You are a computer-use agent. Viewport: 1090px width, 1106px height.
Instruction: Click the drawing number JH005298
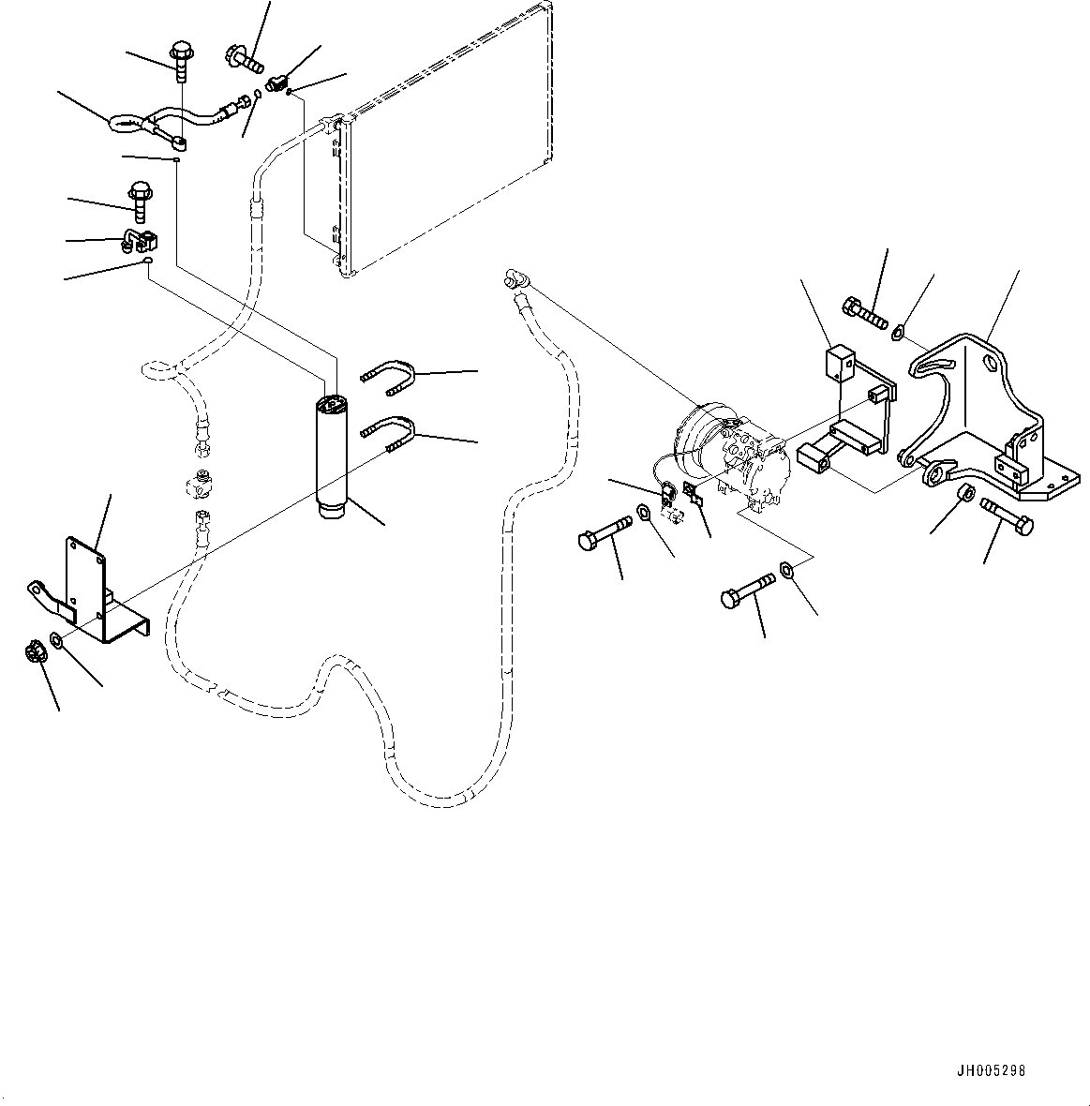991,1071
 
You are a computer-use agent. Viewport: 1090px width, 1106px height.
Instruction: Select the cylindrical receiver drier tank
330,456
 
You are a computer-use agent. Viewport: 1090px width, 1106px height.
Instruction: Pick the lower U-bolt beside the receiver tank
387,432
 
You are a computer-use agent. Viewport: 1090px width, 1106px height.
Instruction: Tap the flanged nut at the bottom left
36,650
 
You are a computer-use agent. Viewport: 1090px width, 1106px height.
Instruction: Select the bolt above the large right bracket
864,312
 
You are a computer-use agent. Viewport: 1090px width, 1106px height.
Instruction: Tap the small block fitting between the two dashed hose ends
202,483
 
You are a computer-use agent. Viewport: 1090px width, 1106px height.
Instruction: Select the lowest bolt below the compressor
747,589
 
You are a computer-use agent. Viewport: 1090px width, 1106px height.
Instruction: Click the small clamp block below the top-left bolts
140,240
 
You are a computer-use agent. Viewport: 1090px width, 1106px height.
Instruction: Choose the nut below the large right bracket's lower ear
965,493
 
